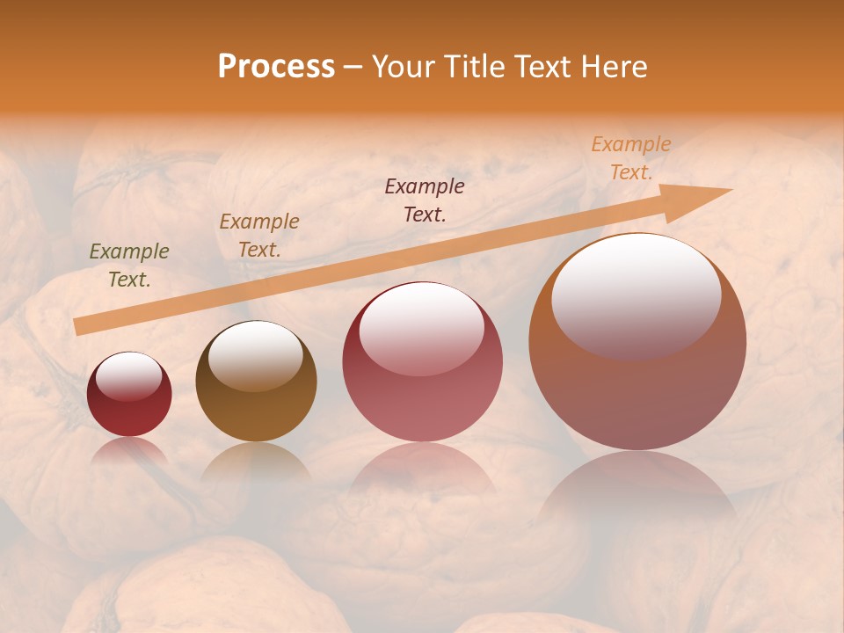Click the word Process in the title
click(276, 67)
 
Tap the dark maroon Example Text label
click(425, 200)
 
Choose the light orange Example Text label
click(630, 158)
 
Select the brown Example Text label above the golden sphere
click(259, 235)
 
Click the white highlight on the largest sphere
click(636, 295)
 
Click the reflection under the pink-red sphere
click(422, 470)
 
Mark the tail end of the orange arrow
click(81, 326)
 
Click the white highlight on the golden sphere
click(256, 354)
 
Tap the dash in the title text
click(353, 68)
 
